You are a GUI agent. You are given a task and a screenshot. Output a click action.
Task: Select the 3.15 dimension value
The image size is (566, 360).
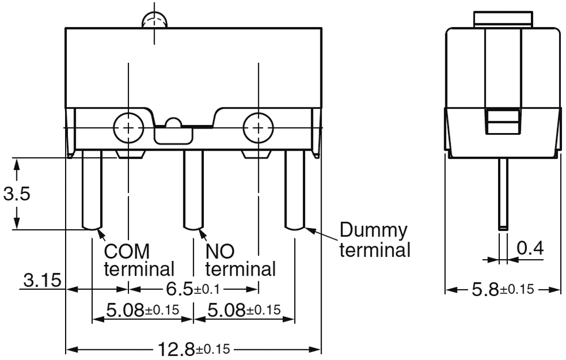(42, 280)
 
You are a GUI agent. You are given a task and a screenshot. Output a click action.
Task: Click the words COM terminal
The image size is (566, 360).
(139, 259)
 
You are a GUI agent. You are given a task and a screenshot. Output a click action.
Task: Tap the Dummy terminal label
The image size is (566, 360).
(374, 240)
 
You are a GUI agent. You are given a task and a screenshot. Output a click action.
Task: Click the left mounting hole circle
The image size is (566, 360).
(130, 127)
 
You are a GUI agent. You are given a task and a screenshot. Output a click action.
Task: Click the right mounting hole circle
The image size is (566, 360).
(258, 127)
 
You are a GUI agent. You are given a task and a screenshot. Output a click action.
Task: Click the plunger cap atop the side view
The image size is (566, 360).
(503, 19)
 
